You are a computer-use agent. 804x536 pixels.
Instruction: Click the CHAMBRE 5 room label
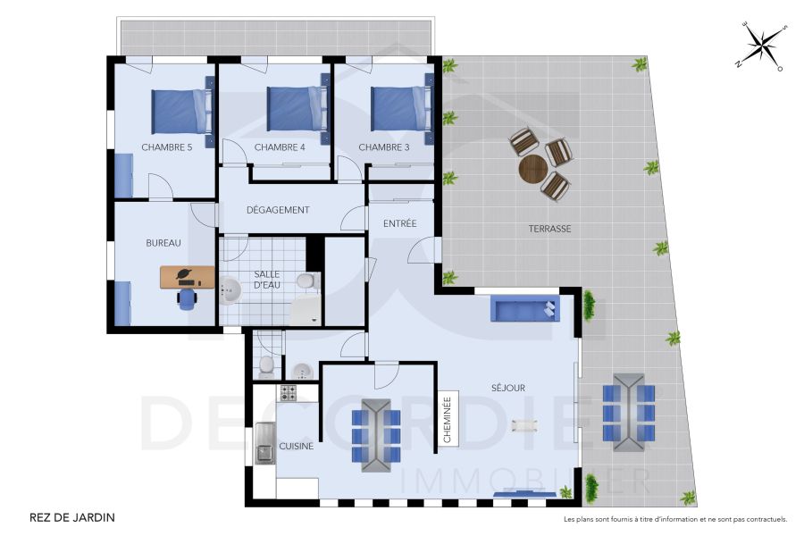coord(167,147)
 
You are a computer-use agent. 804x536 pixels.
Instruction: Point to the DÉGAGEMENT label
coord(278,210)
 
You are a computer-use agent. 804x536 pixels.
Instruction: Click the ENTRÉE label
coord(400,223)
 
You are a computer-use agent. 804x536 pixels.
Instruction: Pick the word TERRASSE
coord(549,229)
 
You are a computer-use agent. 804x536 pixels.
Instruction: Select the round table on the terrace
coord(533,167)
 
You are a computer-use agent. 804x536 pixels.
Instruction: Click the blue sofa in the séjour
coord(525,310)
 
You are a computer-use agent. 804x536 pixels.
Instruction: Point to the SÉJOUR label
coord(508,388)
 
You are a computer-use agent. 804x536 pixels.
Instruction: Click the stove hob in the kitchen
coord(288,392)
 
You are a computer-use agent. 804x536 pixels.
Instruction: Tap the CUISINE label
coord(297,447)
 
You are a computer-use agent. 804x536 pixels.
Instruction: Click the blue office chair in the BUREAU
coord(187,298)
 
